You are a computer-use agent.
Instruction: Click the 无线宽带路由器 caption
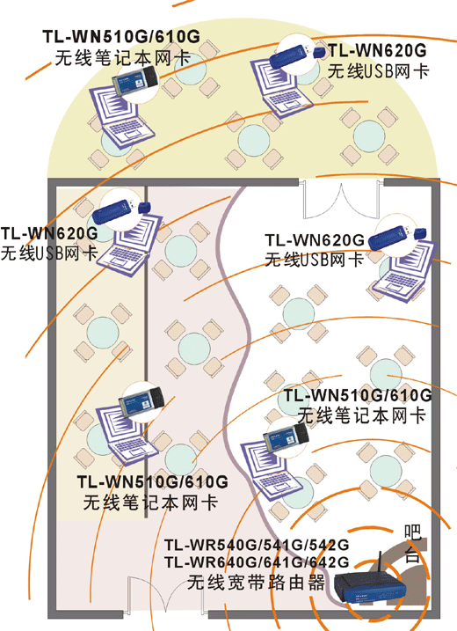[256, 582]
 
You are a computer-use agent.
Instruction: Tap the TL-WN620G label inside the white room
[314, 240]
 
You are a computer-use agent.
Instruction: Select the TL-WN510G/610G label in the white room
[357, 395]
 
